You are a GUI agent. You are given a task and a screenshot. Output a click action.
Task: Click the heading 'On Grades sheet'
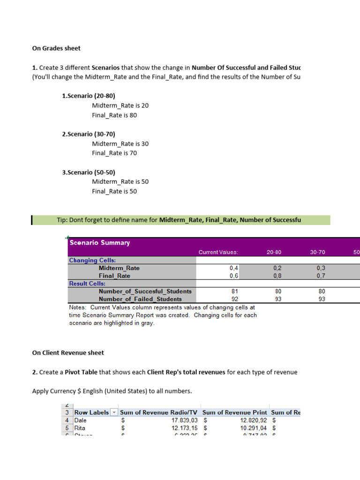click(56, 48)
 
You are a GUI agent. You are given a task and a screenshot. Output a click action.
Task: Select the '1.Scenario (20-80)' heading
click(89, 96)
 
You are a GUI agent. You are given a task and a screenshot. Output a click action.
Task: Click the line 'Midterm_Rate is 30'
click(120, 144)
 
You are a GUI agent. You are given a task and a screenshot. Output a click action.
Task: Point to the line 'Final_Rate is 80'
click(114, 115)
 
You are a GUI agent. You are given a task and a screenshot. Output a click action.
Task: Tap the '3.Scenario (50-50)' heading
click(89, 172)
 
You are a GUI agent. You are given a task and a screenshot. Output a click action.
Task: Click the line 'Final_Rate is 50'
click(114, 191)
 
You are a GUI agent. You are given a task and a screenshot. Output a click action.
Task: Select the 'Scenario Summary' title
click(100, 243)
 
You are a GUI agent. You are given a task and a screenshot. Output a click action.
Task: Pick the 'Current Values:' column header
click(218, 252)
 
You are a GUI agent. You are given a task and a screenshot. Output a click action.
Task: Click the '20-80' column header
click(274, 252)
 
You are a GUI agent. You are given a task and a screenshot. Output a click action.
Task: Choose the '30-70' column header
click(317, 252)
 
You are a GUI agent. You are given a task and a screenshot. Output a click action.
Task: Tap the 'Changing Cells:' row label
click(93, 260)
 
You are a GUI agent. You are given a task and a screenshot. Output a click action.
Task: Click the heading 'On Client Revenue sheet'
click(68, 352)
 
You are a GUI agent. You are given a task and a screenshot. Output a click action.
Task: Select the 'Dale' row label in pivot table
click(81, 420)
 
